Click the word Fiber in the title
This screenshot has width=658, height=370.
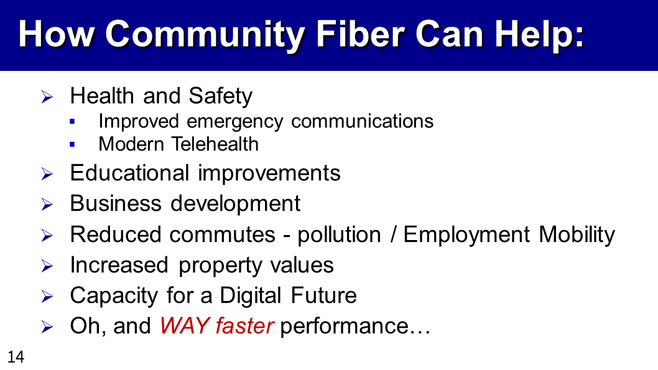[x=362, y=34]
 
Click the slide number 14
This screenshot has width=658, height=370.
[x=16, y=357]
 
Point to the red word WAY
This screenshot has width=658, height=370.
[x=185, y=325]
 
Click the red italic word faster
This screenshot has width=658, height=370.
[x=244, y=325]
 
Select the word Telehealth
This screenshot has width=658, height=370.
[x=215, y=144]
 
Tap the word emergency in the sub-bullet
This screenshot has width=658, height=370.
[x=235, y=122]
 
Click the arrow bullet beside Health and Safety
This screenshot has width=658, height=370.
[x=47, y=97]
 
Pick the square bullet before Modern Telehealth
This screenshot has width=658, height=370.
[x=72, y=145]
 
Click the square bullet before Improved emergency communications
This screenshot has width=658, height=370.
[x=72, y=122]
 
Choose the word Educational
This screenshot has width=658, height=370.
[x=129, y=173]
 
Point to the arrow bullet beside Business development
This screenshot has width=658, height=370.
[x=47, y=205]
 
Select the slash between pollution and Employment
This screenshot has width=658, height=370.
[x=393, y=234]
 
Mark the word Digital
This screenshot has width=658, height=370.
[x=251, y=296]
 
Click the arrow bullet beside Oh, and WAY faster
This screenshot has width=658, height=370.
[x=47, y=327]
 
